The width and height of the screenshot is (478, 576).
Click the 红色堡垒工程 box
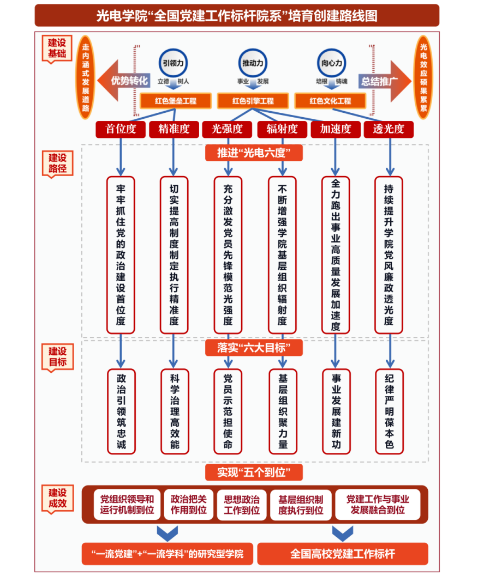(x=176, y=101)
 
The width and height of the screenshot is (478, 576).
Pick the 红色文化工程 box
(x=330, y=101)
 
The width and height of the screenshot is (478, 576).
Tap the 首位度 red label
(x=121, y=129)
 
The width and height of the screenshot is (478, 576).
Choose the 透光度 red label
(x=389, y=129)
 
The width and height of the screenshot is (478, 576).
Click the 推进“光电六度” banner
(x=254, y=153)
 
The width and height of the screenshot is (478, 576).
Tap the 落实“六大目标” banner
(x=254, y=348)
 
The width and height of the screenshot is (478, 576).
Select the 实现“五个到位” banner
(x=254, y=472)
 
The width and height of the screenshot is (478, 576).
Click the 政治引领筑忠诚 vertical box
(x=121, y=411)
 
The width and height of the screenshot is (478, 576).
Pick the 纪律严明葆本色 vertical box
(x=389, y=411)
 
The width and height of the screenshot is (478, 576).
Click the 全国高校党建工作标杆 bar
(x=343, y=554)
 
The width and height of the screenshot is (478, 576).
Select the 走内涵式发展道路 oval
(x=85, y=77)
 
